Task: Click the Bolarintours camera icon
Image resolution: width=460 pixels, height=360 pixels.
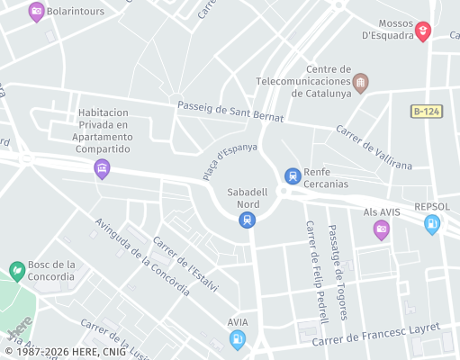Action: click(x=37, y=13)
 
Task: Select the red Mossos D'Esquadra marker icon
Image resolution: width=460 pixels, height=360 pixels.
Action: click(x=422, y=31)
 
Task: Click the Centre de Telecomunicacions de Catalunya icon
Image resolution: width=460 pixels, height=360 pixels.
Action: click(x=361, y=83)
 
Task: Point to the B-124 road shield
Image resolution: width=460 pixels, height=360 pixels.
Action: click(x=428, y=111)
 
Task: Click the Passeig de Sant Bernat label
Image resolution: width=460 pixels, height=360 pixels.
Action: click(x=230, y=112)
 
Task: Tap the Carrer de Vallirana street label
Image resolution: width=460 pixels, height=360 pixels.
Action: click(x=374, y=147)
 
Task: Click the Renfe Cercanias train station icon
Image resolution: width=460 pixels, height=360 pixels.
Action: click(x=292, y=176)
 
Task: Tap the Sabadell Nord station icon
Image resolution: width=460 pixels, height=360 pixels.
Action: click(x=247, y=220)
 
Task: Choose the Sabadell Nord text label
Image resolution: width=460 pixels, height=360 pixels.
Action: click(x=247, y=198)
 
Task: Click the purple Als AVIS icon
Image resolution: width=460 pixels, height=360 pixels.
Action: click(x=382, y=230)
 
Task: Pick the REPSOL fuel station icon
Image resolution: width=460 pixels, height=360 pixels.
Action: click(x=432, y=224)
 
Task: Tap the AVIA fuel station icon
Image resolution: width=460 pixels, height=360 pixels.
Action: click(x=238, y=339)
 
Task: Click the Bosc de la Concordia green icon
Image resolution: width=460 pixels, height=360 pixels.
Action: click(x=16, y=270)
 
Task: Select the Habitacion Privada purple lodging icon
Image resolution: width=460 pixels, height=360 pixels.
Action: click(x=103, y=167)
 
